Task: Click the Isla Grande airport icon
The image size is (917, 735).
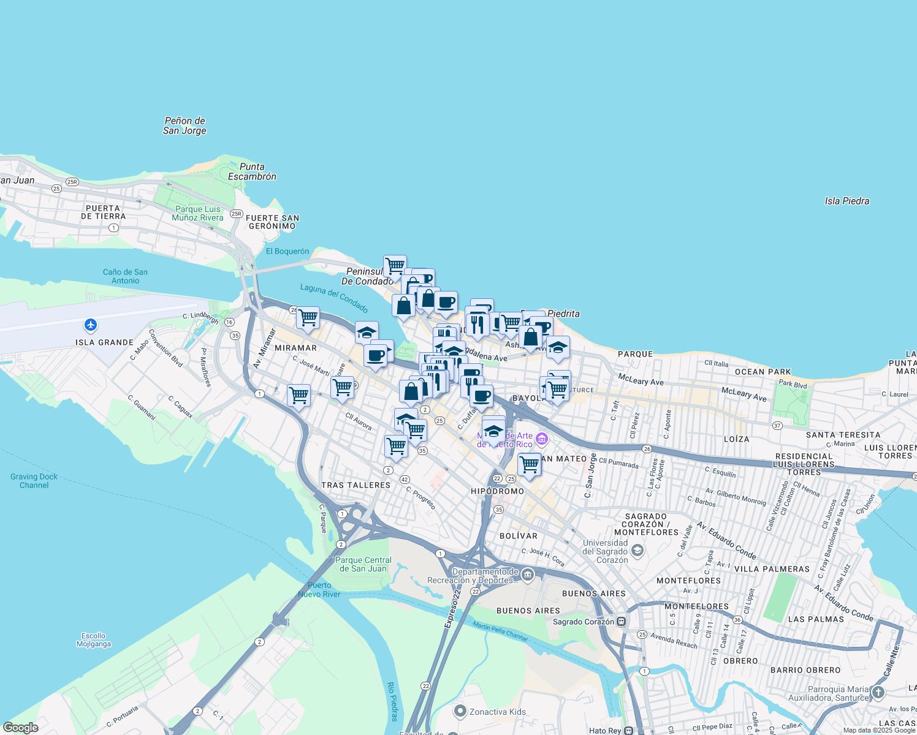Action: click(91, 325)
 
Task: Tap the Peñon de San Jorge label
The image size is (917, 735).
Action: click(185, 126)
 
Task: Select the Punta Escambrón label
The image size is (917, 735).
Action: click(252, 171)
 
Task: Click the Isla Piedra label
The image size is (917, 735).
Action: click(847, 201)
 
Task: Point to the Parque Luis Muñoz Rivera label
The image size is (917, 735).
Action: click(197, 213)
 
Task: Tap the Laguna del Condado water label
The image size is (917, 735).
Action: click(334, 298)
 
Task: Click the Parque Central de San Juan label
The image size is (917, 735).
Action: click(363, 564)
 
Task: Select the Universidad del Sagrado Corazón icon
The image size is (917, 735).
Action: click(637, 551)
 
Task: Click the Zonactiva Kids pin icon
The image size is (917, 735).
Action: click(460, 711)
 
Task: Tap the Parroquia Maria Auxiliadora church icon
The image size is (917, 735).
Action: click(878, 692)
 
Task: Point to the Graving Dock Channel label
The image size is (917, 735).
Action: click(34, 481)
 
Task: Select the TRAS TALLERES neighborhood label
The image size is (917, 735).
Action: click(356, 485)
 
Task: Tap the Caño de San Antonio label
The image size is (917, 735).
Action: click(125, 276)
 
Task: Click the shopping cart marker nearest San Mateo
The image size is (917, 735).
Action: click(529, 465)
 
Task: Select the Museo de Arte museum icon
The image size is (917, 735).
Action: click(541, 439)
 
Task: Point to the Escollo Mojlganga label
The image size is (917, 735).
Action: click(94, 639)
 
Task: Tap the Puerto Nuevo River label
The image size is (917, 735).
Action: click(319, 589)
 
